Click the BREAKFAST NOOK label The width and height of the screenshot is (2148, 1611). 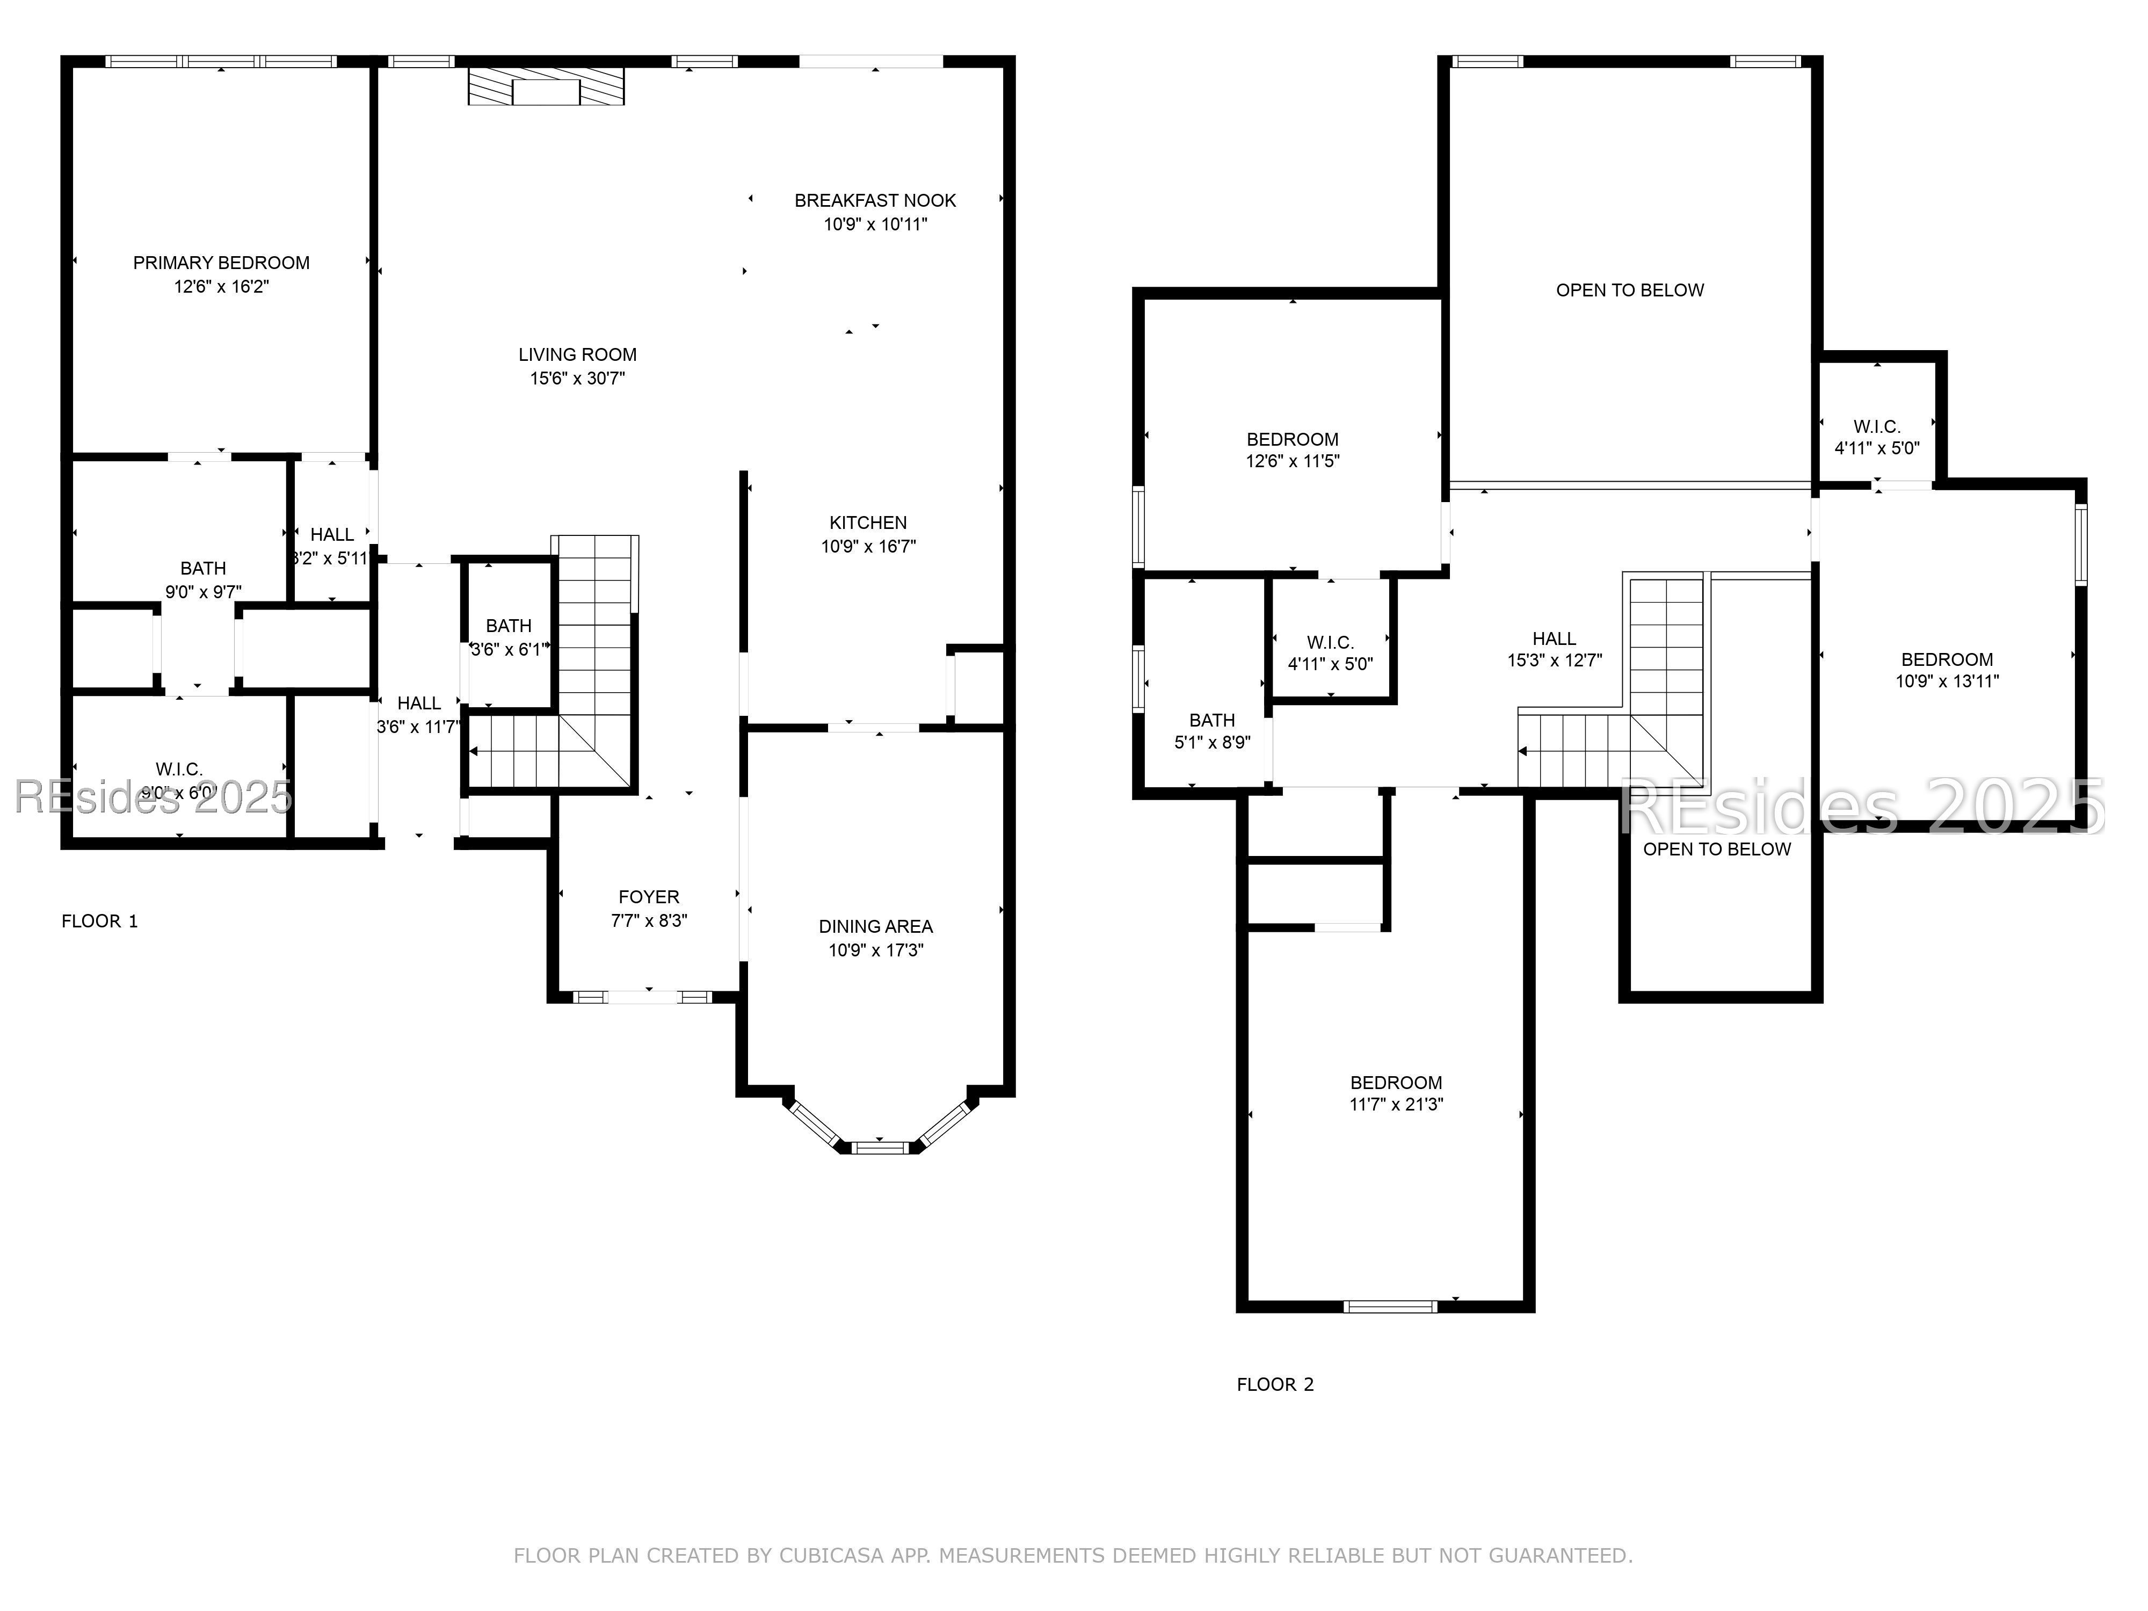pos(875,201)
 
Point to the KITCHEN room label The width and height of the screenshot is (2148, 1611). pos(868,523)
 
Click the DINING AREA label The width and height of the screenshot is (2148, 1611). pos(875,926)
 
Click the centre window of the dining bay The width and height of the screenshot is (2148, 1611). pos(880,1148)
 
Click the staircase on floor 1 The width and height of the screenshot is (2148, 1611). pos(594,661)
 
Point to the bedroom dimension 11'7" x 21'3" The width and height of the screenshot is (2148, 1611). pos(1396,1104)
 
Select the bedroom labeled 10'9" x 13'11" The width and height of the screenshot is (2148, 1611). pos(1947,670)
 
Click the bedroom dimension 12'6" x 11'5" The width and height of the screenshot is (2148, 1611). pos(1293,461)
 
